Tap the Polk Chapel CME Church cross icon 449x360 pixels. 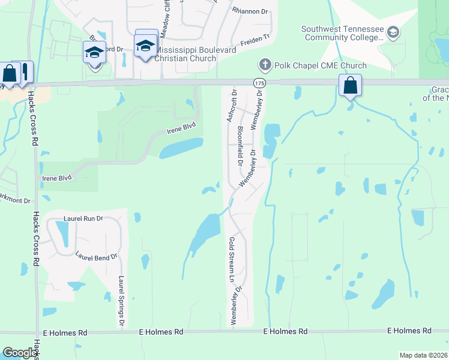click(x=264, y=64)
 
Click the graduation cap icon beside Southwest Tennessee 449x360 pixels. click(x=393, y=32)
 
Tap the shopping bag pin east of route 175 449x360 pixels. click(x=351, y=86)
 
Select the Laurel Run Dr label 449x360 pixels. click(x=82, y=219)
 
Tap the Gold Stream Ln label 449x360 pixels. click(x=231, y=259)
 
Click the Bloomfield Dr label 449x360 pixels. click(x=240, y=145)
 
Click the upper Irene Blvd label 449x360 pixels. click(x=181, y=132)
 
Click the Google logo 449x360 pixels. click(x=20, y=352)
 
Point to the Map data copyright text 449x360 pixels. click(x=423, y=355)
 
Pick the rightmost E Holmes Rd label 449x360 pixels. click(x=409, y=331)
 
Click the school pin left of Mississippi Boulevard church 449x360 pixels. click(x=94, y=53)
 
